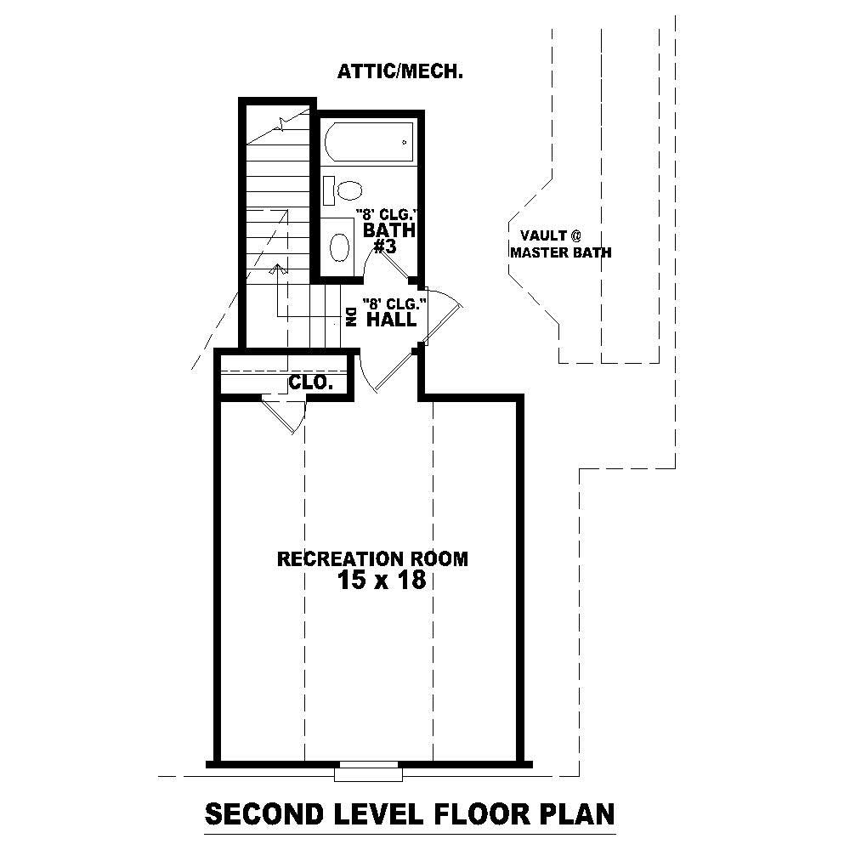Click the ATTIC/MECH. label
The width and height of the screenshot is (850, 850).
399,72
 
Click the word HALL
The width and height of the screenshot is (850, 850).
391,320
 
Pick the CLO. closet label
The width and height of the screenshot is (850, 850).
310,382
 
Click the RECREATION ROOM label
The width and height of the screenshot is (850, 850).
372,558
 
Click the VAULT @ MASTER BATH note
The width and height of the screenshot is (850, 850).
559,245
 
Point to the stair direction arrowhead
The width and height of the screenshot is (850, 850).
276,269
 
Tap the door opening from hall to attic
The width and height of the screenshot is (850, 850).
442,314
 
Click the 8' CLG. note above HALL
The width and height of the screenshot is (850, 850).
392,303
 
